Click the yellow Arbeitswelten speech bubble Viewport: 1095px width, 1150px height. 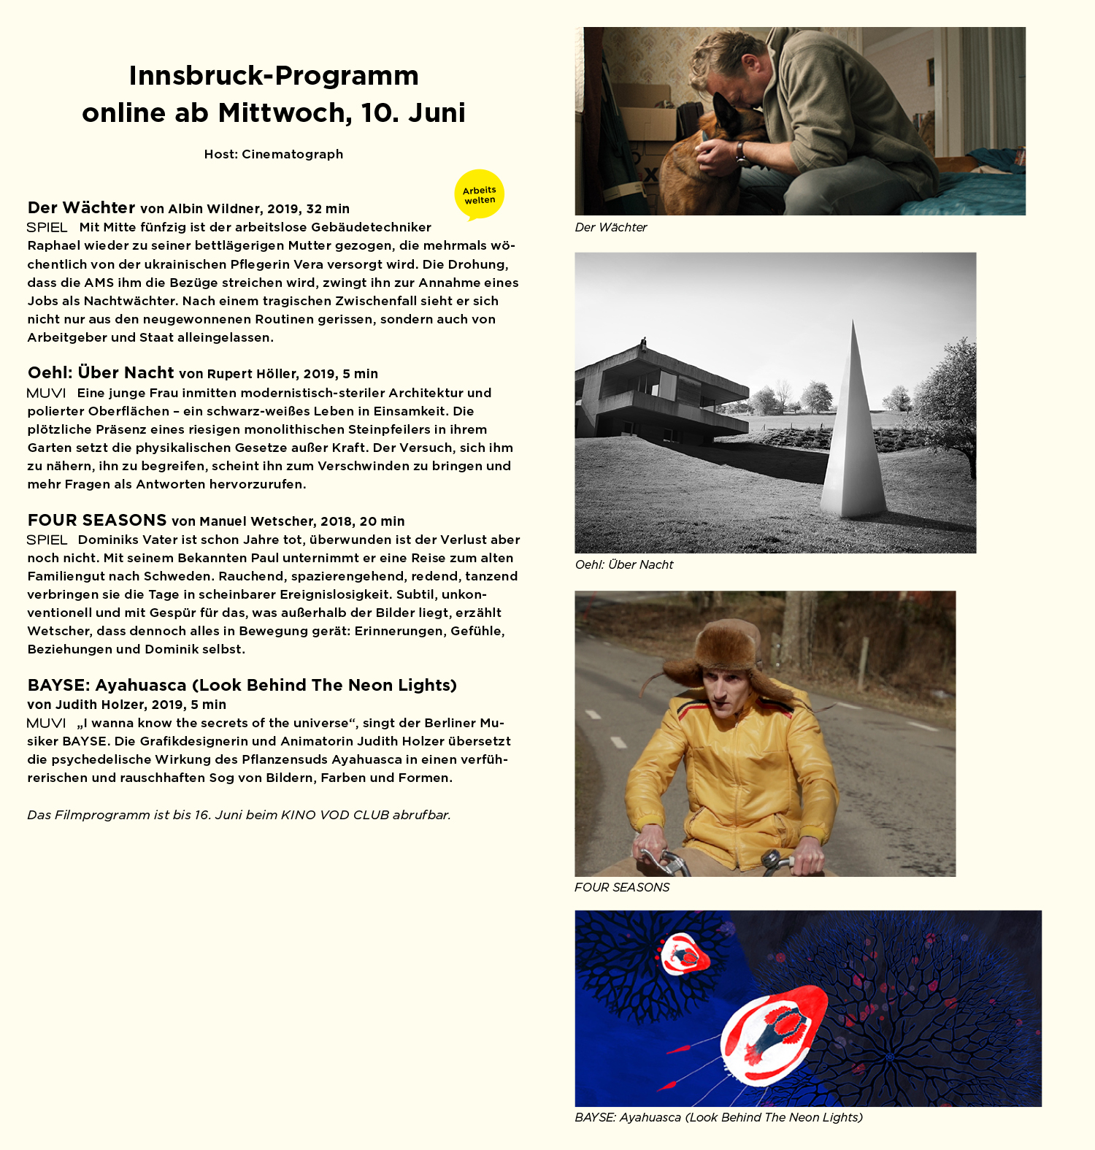coord(480,195)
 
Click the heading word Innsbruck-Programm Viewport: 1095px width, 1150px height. coord(274,76)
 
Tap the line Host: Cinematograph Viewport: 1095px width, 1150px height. coord(274,154)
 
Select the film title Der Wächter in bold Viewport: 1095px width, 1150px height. coord(81,208)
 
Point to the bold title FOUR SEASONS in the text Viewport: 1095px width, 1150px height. coord(97,521)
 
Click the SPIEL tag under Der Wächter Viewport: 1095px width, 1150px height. coord(47,228)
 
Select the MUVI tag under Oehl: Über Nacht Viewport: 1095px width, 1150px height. coord(46,393)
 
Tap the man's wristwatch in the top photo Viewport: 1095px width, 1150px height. coord(740,151)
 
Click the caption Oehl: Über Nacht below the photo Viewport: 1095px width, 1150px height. coord(624,564)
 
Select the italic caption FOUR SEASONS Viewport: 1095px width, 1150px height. coord(622,887)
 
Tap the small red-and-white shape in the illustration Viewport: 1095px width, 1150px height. coord(685,954)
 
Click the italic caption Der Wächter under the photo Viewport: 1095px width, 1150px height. coord(611,227)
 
